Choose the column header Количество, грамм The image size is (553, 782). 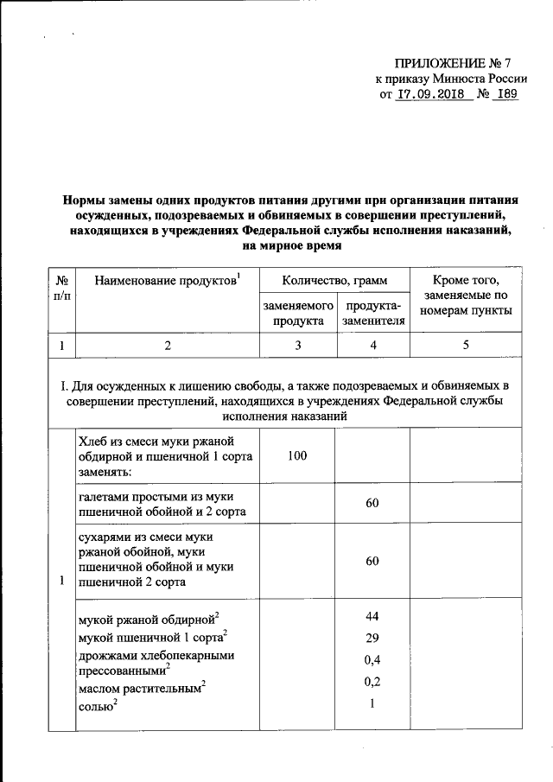[334, 281]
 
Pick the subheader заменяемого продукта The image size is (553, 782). [298, 314]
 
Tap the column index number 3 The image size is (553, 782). [298, 346]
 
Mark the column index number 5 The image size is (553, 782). [465, 346]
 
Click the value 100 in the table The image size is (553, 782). [298, 455]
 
